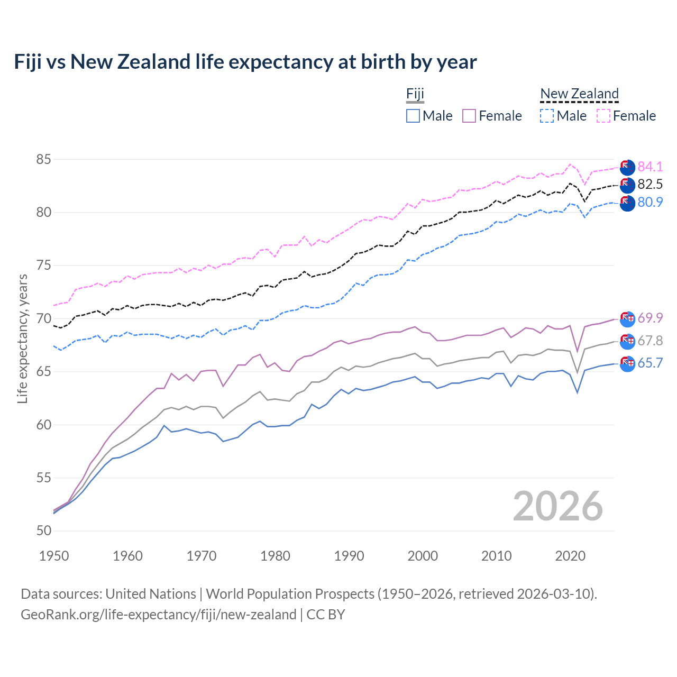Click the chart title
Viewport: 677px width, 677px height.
tap(245, 62)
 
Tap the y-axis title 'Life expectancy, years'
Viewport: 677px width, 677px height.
tap(22, 338)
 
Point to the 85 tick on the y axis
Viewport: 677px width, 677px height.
tap(44, 159)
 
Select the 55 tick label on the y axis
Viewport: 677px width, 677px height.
tap(44, 478)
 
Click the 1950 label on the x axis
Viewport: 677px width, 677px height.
tap(54, 556)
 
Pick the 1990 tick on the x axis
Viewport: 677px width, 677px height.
tap(349, 556)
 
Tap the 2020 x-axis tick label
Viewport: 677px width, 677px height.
tap(570, 556)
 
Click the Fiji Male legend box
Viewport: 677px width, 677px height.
tap(413, 116)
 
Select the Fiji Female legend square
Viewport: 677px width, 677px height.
tap(469, 116)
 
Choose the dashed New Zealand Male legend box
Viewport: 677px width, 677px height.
tap(547, 116)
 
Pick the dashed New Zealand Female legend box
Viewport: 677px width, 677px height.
tap(603, 116)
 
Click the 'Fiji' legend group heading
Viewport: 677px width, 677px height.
tap(415, 94)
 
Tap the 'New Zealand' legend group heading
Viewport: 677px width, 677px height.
tap(579, 94)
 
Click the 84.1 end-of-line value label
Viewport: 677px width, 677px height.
tap(650, 167)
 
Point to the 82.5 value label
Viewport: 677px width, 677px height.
tap(650, 184)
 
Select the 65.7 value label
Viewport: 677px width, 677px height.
tap(650, 363)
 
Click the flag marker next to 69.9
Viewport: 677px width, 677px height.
tap(627, 318)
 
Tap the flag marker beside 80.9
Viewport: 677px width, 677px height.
tap(627, 203)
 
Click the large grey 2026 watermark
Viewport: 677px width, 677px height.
tap(558, 506)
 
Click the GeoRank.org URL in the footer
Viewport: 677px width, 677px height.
tap(159, 615)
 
